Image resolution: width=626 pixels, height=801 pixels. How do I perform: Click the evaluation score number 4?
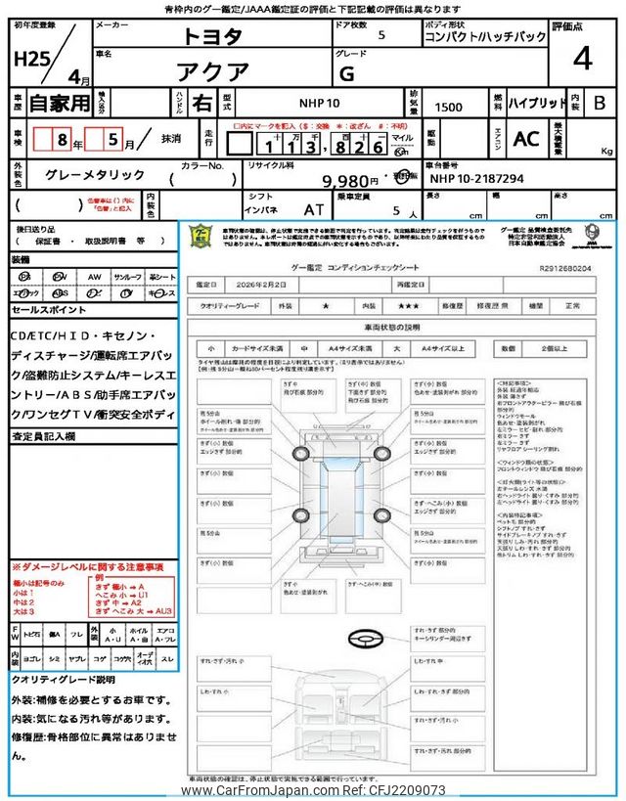(x=582, y=60)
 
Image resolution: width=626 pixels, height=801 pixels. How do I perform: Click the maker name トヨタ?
(x=209, y=37)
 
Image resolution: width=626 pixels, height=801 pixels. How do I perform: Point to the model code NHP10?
(x=320, y=103)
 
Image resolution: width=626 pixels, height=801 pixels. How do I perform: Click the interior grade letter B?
(x=600, y=103)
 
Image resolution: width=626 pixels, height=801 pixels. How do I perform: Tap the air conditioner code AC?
(x=526, y=140)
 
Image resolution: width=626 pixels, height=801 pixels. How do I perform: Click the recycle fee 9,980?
(x=346, y=181)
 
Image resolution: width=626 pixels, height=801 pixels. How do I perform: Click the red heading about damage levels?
(x=87, y=566)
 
